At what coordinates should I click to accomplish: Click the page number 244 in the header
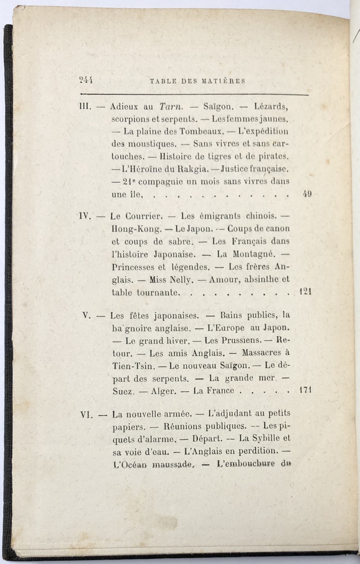point(86,81)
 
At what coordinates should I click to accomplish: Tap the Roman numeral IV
point(85,216)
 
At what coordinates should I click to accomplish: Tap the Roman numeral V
point(86,315)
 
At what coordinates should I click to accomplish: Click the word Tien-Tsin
point(134,366)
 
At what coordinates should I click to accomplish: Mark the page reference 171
point(305,390)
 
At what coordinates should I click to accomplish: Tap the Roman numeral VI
point(86,415)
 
